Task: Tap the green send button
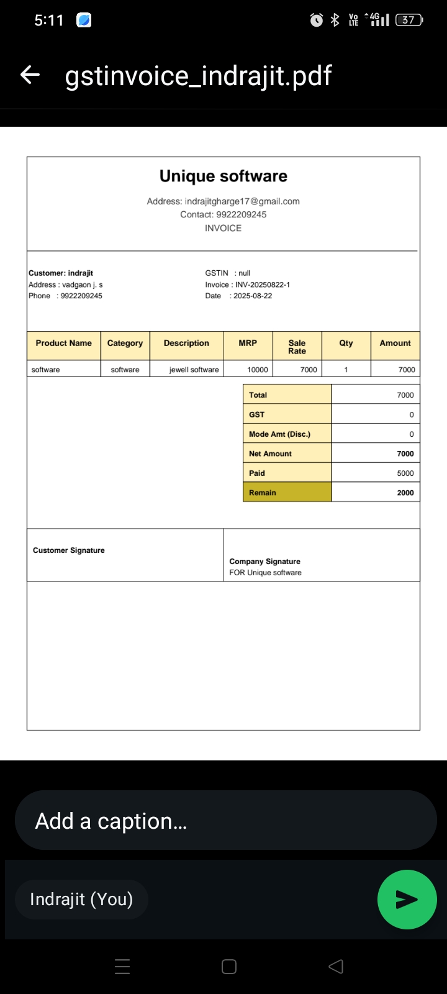pyautogui.click(x=407, y=899)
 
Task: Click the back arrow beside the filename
pyautogui.click(x=30, y=75)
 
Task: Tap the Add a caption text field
pyautogui.click(x=225, y=820)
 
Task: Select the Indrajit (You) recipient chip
pyautogui.click(x=81, y=899)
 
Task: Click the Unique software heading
pyautogui.click(x=223, y=176)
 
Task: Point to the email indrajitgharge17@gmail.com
pyautogui.click(x=242, y=201)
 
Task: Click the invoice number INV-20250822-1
pyautogui.click(x=262, y=285)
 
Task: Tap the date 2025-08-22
pyautogui.click(x=252, y=296)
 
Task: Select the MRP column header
pyautogui.click(x=248, y=343)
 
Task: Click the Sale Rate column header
pyautogui.click(x=297, y=347)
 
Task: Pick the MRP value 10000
pyautogui.click(x=258, y=370)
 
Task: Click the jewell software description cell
pyautogui.click(x=194, y=370)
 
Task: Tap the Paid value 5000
pyautogui.click(x=405, y=473)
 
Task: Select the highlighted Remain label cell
pyautogui.click(x=287, y=493)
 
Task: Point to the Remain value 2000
pyautogui.click(x=405, y=493)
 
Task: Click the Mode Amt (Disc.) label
pyautogui.click(x=279, y=434)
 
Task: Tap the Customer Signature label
pyautogui.click(x=68, y=550)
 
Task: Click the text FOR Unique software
pyautogui.click(x=265, y=573)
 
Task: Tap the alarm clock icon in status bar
pyautogui.click(x=317, y=20)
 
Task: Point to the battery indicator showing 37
pyautogui.click(x=409, y=20)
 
